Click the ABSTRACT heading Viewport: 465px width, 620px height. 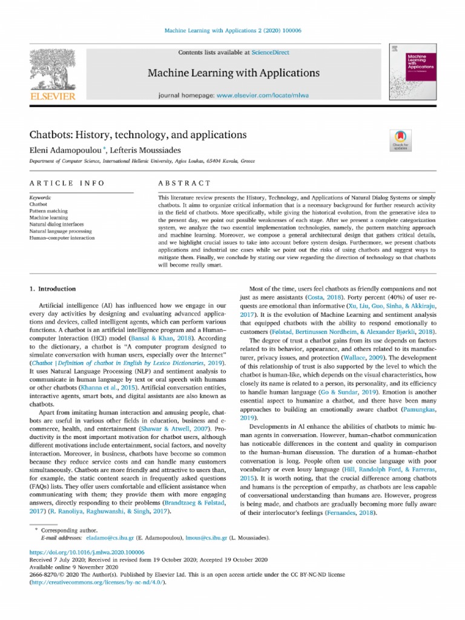[184, 183]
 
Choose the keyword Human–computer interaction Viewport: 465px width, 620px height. [62, 238]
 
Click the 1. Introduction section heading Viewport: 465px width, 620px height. [53, 289]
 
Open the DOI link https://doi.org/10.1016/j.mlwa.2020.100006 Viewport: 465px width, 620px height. [87, 552]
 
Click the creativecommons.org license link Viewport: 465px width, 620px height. [96, 582]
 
